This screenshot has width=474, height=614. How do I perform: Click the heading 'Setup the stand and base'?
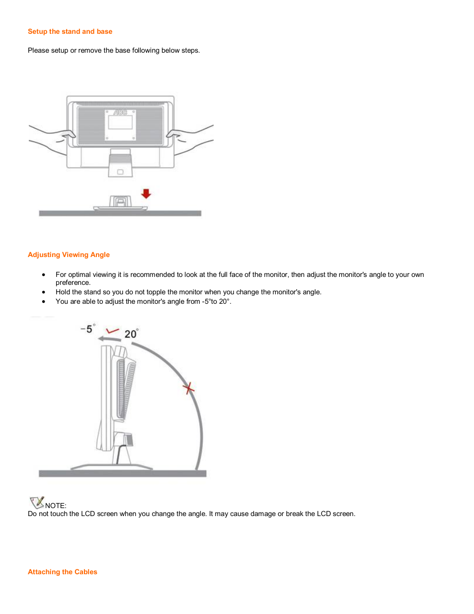pos(70,31)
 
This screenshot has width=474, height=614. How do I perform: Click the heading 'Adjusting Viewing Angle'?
pos(69,255)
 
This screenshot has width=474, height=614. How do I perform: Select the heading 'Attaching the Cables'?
pos(63,572)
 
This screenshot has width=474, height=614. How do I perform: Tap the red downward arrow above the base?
pos(146,193)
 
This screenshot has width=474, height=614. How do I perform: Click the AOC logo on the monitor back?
pos(120,112)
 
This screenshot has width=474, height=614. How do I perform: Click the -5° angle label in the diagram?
pos(87,329)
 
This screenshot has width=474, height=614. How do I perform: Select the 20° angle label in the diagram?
pos(131,334)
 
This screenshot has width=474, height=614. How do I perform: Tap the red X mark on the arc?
pos(188,388)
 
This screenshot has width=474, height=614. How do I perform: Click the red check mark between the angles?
pos(113,331)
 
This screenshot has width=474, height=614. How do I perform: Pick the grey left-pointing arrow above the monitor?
pos(109,339)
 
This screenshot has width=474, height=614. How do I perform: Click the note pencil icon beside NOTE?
pos(37,503)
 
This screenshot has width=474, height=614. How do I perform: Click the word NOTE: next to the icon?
pos(56,506)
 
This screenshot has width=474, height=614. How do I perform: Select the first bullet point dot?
pos(44,274)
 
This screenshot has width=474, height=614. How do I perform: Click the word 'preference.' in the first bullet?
pos(73,282)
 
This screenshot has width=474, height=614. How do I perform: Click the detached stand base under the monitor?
pos(120,203)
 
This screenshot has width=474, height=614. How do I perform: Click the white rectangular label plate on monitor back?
pos(120,125)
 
